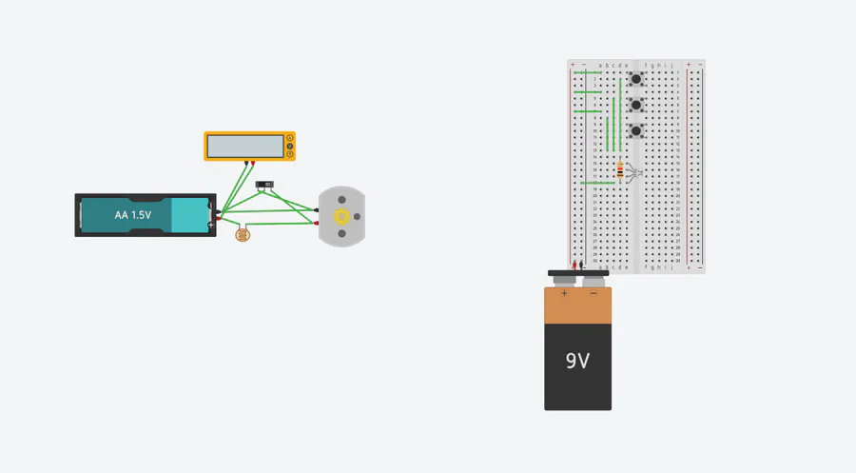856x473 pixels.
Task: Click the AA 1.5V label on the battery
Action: (132, 216)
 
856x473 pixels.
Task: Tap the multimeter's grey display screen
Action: (244, 147)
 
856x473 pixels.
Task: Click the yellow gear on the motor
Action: (341, 217)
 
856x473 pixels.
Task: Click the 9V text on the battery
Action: (577, 362)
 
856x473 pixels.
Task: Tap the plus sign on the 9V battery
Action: (564, 294)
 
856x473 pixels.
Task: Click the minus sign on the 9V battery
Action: (593, 294)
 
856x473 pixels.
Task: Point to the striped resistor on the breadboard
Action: (621, 171)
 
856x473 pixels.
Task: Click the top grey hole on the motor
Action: (341, 199)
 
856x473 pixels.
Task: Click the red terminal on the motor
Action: (316, 224)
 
